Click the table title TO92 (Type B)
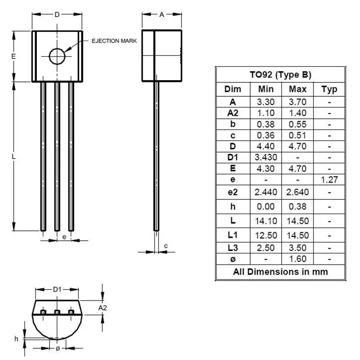(x=280, y=75)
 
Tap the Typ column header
(x=329, y=89)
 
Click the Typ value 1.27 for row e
(x=329, y=180)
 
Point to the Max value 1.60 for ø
(x=297, y=259)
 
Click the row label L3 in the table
(x=233, y=247)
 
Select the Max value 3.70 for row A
(x=297, y=102)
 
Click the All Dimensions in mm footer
(x=280, y=271)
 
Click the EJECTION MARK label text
(x=114, y=41)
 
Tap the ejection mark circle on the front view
(x=57, y=56)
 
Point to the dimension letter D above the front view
(x=57, y=14)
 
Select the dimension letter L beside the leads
(x=14, y=157)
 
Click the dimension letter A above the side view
(x=162, y=14)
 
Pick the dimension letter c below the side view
(x=166, y=246)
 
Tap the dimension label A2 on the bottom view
(x=103, y=307)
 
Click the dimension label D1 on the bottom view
(x=57, y=289)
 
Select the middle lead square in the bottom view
(x=57, y=312)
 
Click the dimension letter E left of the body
(x=14, y=56)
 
